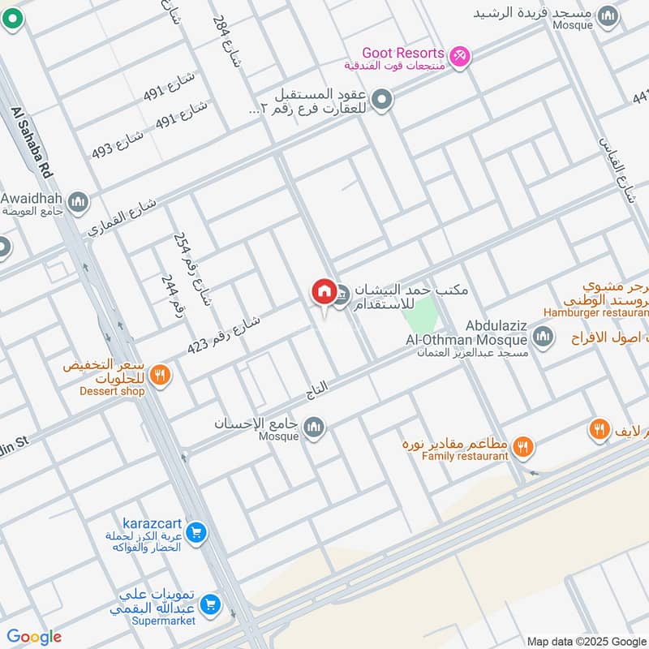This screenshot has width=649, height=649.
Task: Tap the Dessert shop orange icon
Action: pyautogui.click(x=161, y=375)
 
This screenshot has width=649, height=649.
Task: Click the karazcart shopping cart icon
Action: pyautogui.click(x=195, y=533)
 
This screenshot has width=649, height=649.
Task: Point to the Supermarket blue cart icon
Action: pyautogui.click(x=210, y=604)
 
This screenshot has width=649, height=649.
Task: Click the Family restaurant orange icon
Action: pyautogui.click(x=523, y=445)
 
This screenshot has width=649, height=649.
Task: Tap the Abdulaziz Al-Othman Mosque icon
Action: pyautogui.click(x=543, y=335)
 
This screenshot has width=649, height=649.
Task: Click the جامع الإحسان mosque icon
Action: pyautogui.click(x=314, y=427)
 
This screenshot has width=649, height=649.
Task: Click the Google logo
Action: pyautogui.click(x=34, y=637)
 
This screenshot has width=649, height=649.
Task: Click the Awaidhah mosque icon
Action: pyautogui.click(x=78, y=201)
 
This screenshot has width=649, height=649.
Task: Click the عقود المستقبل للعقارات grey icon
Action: pyautogui.click(x=383, y=101)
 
